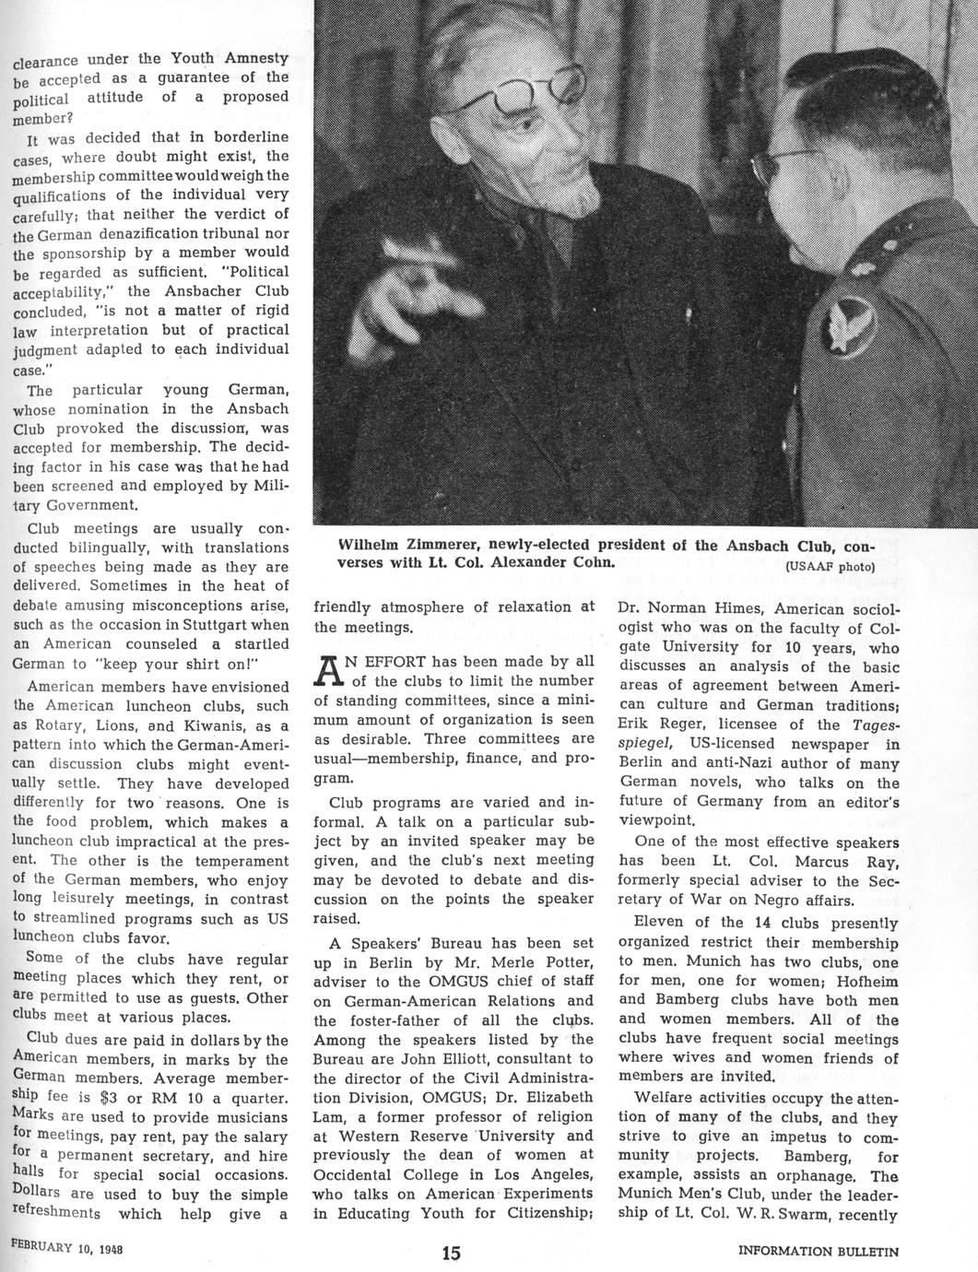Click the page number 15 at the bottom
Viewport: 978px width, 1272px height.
click(451, 1253)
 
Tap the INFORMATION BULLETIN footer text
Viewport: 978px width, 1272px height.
click(819, 1252)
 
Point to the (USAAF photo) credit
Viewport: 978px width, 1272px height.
click(830, 567)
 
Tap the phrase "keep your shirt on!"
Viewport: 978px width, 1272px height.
click(176, 664)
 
